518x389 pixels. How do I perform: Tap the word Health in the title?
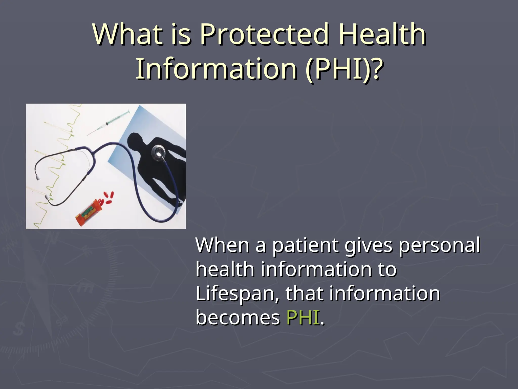click(x=382, y=34)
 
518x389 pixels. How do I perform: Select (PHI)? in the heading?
click(x=343, y=68)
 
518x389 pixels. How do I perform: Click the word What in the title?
click(x=127, y=34)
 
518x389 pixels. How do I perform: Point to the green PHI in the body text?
click(x=303, y=318)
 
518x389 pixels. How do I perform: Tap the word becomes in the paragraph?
click(x=238, y=318)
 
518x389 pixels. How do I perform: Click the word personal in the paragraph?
click(x=439, y=246)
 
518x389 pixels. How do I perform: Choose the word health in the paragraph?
click(x=225, y=270)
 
